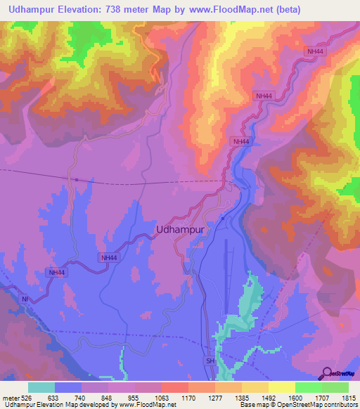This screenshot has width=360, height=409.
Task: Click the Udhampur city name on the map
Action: point(179,229)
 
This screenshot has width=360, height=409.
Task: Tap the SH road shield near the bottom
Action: point(210,360)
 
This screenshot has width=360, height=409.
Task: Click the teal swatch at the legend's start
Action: point(41,387)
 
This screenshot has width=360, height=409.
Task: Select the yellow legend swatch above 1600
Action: point(281,387)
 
